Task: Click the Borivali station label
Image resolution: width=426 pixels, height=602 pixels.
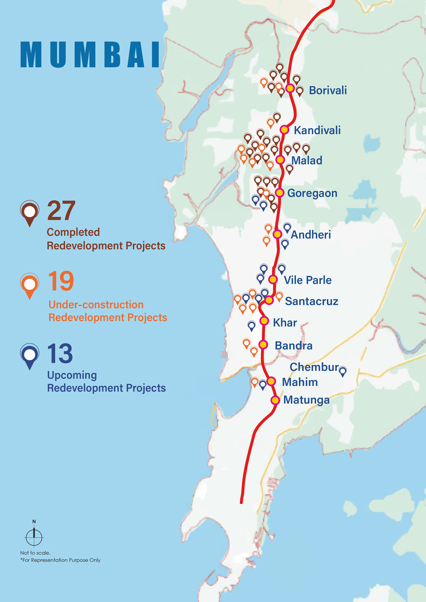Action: pyautogui.click(x=328, y=90)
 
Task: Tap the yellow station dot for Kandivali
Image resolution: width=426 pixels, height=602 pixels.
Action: pyautogui.click(x=285, y=129)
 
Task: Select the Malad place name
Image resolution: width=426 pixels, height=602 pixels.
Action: pyautogui.click(x=307, y=161)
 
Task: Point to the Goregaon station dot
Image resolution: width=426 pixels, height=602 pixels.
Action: pyautogui.click(x=279, y=192)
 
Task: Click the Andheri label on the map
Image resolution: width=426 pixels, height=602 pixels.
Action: pyautogui.click(x=311, y=235)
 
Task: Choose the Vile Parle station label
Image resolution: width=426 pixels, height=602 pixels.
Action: pyautogui.click(x=308, y=280)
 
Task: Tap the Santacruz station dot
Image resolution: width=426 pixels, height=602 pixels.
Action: pyautogui.click(x=269, y=300)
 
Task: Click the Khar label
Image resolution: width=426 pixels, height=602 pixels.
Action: pyautogui.click(x=285, y=323)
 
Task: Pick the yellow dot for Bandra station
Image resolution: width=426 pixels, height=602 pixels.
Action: pyautogui.click(x=263, y=344)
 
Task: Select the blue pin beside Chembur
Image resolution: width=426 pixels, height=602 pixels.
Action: pyautogui.click(x=343, y=371)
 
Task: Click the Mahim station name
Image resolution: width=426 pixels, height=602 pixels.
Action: pyautogui.click(x=300, y=382)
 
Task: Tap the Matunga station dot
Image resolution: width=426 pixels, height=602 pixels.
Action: pyautogui.click(x=275, y=400)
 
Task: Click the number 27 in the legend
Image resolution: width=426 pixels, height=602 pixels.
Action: pyautogui.click(x=61, y=211)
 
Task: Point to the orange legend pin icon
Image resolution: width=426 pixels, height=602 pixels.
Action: pyautogui.click(x=30, y=285)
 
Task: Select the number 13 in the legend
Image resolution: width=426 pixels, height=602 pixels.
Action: pyautogui.click(x=60, y=354)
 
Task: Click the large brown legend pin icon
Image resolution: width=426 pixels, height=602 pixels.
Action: pyautogui.click(x=30, y=212)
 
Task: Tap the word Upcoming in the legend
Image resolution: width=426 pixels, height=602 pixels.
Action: pyautogui.click(x=72, y=375)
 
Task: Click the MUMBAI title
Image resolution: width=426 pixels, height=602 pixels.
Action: pyautogui.click(x=90, y=55)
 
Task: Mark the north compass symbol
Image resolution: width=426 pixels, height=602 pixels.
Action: pyautogui.click(x=34, y=536)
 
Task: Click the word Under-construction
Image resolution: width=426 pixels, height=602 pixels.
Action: pyautogui.click(x=96, y=305)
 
